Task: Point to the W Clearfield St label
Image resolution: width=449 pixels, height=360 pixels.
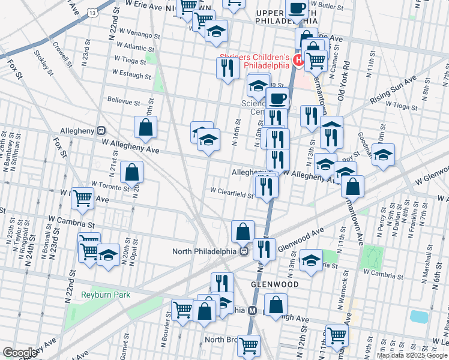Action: coord(231,193)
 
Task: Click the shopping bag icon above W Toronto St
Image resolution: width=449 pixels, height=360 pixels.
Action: coord(132,172)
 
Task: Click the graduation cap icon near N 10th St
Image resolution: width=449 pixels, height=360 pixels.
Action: coord(383,155)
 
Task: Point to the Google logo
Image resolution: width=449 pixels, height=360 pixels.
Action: coord(19,353)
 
